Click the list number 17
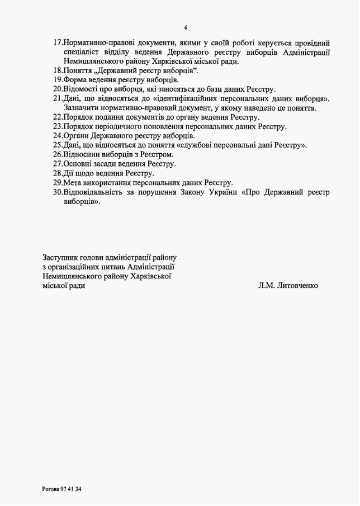58,42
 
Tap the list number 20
58,89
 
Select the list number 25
58,145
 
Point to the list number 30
58,192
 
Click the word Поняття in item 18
77,70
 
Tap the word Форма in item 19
74,80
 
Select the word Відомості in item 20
82,89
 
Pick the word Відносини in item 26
83,154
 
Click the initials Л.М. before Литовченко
266,285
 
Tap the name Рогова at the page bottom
51,489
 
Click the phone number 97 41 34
72,489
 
